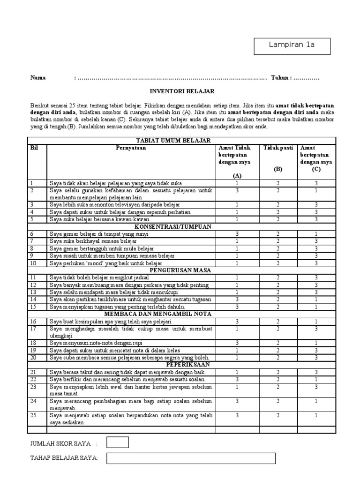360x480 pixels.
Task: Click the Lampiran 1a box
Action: pyautogui.click(x=292, y=45)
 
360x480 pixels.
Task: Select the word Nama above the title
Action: pyautogui.click(x=38, y=78)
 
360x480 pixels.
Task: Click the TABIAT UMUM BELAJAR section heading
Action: pyautogui.click(x=173, y=140)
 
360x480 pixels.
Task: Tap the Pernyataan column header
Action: pyautogui.click(x=131, y=148)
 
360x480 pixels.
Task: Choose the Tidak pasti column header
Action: pyautogui.click(x=278, y=148)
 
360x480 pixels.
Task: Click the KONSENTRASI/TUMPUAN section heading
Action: pyautogui.click(x=173, y=226)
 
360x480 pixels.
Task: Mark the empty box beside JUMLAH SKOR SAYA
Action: pyautogui.click(x=117, y=442)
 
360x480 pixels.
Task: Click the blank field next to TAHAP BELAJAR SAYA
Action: pyautogui.click(x=220, y=458)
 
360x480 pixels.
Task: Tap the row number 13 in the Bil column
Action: pyautogui.click(x=33, y=292)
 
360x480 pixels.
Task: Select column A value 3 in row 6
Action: pyautogui.click(x=237, y=233)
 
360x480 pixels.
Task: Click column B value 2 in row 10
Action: pyautogui.click(x=278, y=263)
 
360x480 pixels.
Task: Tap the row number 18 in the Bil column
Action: pyautogui.click(x=33, y=343)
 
